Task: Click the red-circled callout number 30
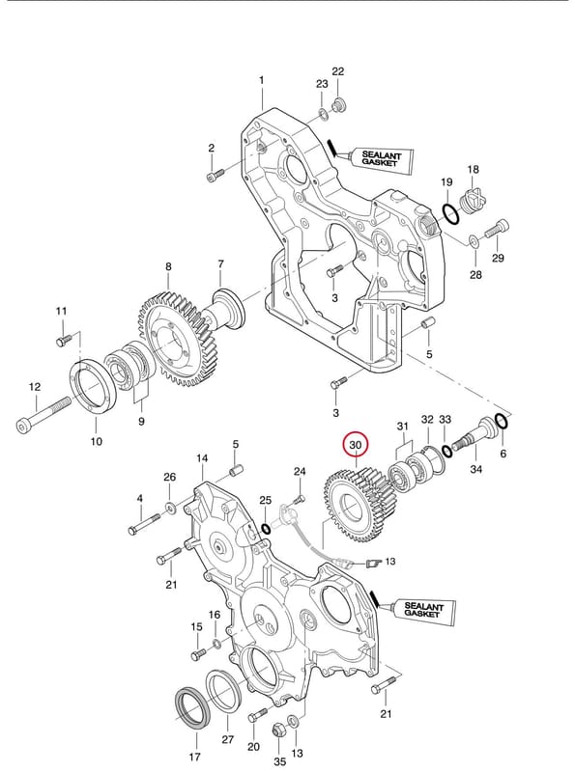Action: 355,445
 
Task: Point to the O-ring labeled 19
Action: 450,213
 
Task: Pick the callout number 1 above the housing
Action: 261,80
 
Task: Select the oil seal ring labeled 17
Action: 193,707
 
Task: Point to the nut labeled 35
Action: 278,730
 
